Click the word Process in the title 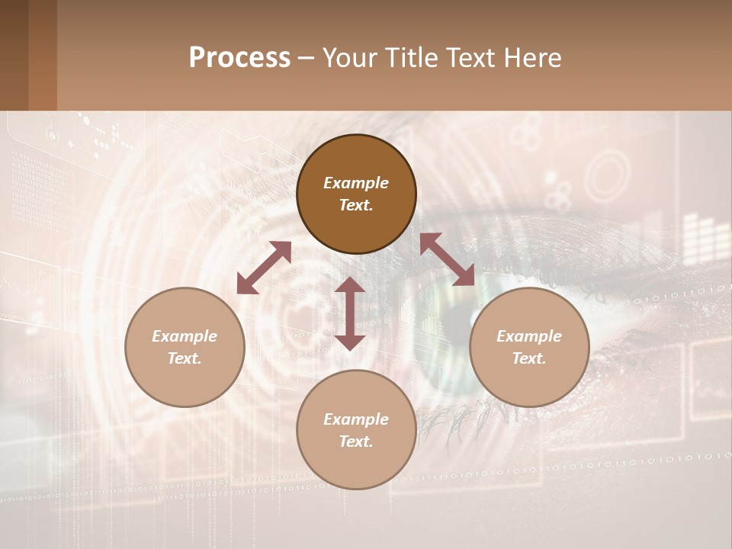click(x=239, y=58)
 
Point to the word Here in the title click(x=533, y=58)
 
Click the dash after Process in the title click(x=307, y=59)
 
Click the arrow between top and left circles click(x=264, y=268)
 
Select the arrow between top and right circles click(x=447, y=259)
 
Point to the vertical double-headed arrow click(x=350, y=313)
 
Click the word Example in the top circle click(x=356, y=183)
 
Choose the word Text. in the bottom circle click(x=356, y=441)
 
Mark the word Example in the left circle click(x=185, y=336)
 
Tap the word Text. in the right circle click(x=529, y=358)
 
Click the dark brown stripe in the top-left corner click(x=14, y=55)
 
